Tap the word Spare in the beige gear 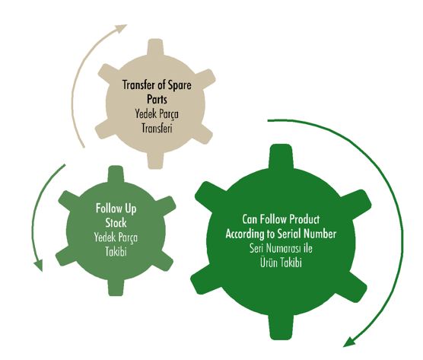[x=180, y=85]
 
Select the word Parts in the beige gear [x=157, y=99]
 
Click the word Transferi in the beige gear [x=157, y=128]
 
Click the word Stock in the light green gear [x=116, y=223]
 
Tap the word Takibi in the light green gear [x=116, y=251]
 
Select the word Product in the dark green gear [x=305, y=219]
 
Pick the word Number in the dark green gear [x=320, y=234]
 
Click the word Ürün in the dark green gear [x=269, y=263]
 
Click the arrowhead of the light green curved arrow [x=39, y=265]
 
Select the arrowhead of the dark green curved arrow [x=349, y=342]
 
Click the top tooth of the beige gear [x=155, y=48]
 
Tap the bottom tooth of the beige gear [x=155, y=161]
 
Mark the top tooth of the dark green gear [x=281, y=157]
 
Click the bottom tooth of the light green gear [x=116, y=287]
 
